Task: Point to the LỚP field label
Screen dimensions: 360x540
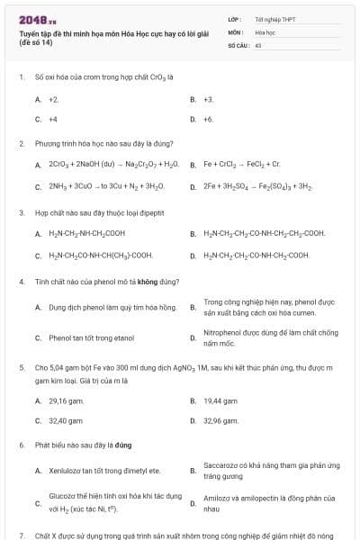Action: pos(235,18)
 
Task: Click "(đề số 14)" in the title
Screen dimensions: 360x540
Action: pos(35,42)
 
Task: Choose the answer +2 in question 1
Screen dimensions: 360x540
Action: pos(53,99)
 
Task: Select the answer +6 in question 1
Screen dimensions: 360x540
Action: pos(208,119)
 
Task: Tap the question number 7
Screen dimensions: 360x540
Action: pos(21,534)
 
